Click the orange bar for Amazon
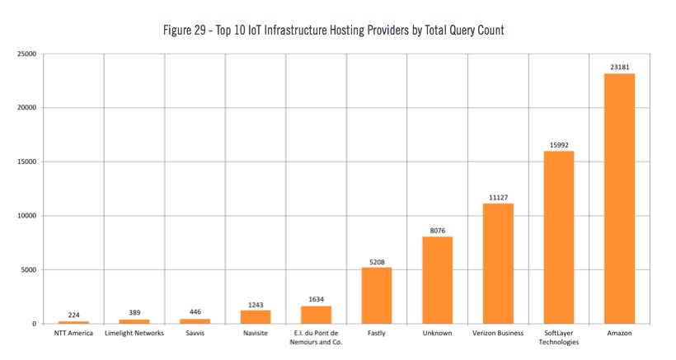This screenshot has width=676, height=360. (x=619, y=199)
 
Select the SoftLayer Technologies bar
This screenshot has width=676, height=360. (x=559, y=237)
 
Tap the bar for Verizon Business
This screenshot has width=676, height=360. (x=498, y=264)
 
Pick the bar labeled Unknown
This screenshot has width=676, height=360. (x=437, y=280)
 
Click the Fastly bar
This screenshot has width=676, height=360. (x=377, y=296)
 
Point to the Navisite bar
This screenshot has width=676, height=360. (x=256, y=317)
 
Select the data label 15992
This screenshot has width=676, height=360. (x=559, y=145)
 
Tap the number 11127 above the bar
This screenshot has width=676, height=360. (x=498, y=197)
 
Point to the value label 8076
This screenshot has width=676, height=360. (x=437, y=231)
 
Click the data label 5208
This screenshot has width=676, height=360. (x=377, y=261)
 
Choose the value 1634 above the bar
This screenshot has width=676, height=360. (x=316, y=300)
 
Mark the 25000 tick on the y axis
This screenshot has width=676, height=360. (x=28, y=54)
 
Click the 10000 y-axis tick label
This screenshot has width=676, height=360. (x=28, y=216)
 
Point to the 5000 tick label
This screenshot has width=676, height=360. (x=31, y=270)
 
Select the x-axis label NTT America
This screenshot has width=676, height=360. (x=73, y=334)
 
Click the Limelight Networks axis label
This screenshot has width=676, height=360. (x=134, y=334)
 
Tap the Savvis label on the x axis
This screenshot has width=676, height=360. (x=195, y=334)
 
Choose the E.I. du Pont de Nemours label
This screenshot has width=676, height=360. (x=316, y=338)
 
